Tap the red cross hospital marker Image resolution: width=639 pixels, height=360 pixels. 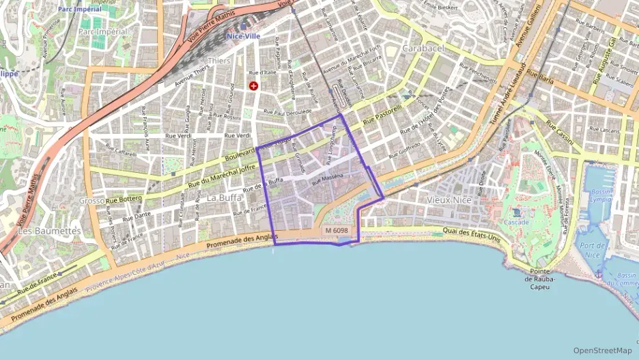(x=254, y=86)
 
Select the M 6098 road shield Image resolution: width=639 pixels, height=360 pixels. (x=337, y=231)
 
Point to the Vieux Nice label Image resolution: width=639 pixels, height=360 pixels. (x=449, y=200)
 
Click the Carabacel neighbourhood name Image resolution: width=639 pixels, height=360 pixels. (x=423, y=49)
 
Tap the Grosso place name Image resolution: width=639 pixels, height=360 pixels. (x=91, y=201)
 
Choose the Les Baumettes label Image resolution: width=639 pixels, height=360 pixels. (x=44, y=232)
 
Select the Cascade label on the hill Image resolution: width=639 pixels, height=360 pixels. (x=516, y=223)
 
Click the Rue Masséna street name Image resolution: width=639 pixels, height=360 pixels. (x=326, y=180)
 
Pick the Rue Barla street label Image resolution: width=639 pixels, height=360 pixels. (x=539, y=78)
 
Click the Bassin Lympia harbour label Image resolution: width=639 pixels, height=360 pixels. (x=601, y=197)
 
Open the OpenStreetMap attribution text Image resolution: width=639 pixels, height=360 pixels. (x=602, y=350)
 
